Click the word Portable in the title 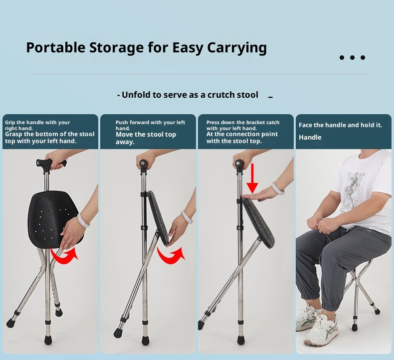click(x=56, y=47)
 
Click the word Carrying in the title click(x=237, y=48)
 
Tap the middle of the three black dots click(x=352, y=57)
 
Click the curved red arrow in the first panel click(x=64, y=255)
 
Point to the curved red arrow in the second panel click(x=171, y=255)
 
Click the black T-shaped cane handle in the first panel click(x=51, y=164)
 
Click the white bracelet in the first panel click(x=83, y=220)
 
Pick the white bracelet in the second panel click(x=187, y=217)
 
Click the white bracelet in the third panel click(x=278, y=188)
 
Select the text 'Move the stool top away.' click(x=146, y=138)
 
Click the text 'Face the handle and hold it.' click(x=340, y=125)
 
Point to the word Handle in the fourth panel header click(x=310, y=137)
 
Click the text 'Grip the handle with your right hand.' click(x=37, y=125)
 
